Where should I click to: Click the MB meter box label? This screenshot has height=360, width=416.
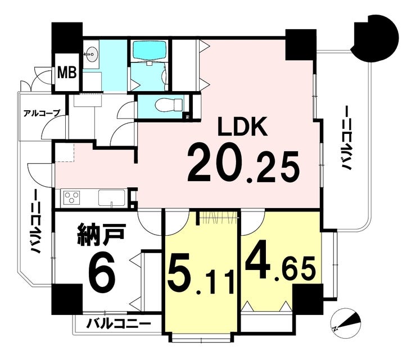(67, 72)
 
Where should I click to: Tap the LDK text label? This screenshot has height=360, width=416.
(242, 127)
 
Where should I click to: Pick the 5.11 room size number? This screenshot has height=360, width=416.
(201, 276)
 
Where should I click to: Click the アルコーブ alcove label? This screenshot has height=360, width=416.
(42, 114)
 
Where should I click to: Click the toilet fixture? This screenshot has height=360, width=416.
(169, 105)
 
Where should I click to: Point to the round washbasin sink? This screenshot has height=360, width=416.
(92, 54)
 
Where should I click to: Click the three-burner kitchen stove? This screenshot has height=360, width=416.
(71, 198)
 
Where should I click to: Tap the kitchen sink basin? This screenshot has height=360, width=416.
(112, 198)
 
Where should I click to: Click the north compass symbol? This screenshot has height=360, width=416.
(346, 321)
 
